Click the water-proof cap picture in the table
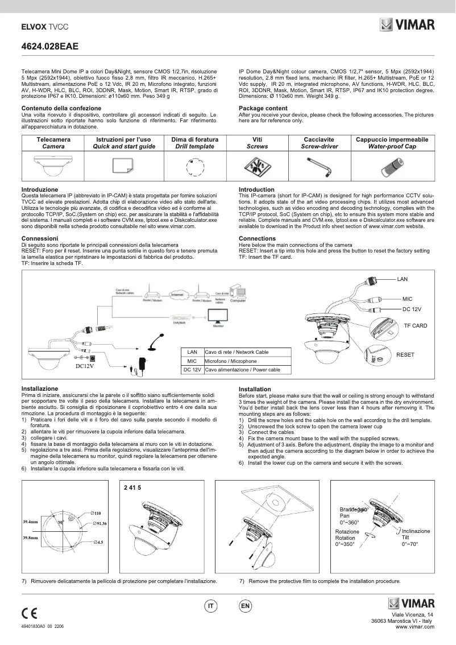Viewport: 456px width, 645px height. (x=392, y=166)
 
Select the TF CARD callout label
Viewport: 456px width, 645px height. (x=415, y=326)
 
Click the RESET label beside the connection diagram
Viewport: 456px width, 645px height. (x=405, y=354)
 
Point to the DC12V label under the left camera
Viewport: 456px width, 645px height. (x=84, y=366)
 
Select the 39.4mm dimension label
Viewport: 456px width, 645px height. (x=30, y=521)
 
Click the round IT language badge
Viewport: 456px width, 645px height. (x=210, y=606)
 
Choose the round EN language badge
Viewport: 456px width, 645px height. (x=245, y=606)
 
